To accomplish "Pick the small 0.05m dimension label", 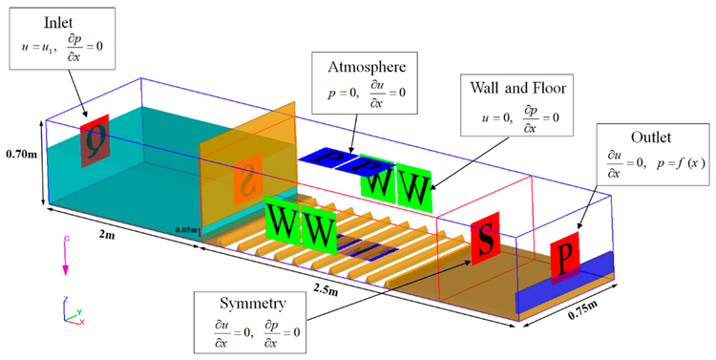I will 187,230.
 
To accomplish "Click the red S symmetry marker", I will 484,244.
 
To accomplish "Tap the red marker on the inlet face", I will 95,141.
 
